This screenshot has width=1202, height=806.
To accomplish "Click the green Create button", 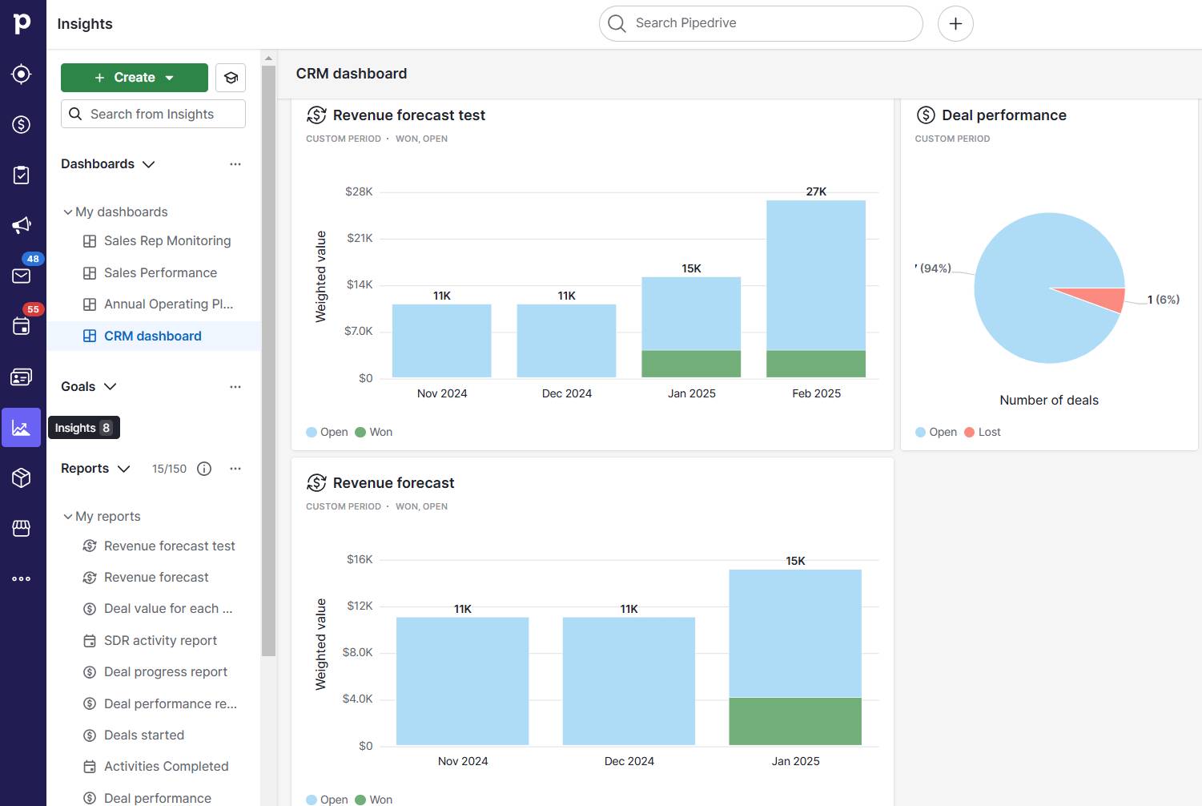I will tap(134, 78).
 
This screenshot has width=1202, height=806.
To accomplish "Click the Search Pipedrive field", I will tap(761, 23).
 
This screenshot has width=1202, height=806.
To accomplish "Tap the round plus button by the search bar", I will tap(955, 23).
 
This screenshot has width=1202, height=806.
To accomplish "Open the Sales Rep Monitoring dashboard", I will tap(167, 241).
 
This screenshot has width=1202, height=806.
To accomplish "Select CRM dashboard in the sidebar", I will tap(152, 337).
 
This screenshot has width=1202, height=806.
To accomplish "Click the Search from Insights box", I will tap(153, 115).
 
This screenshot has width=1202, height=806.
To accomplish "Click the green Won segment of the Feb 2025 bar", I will tap(815, 364).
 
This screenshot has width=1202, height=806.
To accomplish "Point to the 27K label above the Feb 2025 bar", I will tap(816, 191).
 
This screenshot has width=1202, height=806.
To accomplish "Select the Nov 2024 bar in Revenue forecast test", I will tap(441, 341).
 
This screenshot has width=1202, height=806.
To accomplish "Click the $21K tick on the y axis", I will tap(360, 238).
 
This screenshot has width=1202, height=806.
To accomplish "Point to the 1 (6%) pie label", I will tap(1163, 300).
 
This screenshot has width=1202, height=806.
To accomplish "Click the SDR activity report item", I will tap(160, 641).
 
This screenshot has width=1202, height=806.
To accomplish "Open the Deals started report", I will tap(143, 735).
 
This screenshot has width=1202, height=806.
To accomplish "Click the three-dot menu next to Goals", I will tap(235, 387).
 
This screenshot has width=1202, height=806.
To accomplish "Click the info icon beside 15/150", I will tap(204, 469).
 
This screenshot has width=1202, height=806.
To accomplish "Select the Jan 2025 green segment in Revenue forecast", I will tap(794, 721).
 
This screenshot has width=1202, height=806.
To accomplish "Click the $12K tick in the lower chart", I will tap(360, 606).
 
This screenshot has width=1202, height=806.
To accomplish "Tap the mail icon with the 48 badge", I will tap(22, 276).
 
